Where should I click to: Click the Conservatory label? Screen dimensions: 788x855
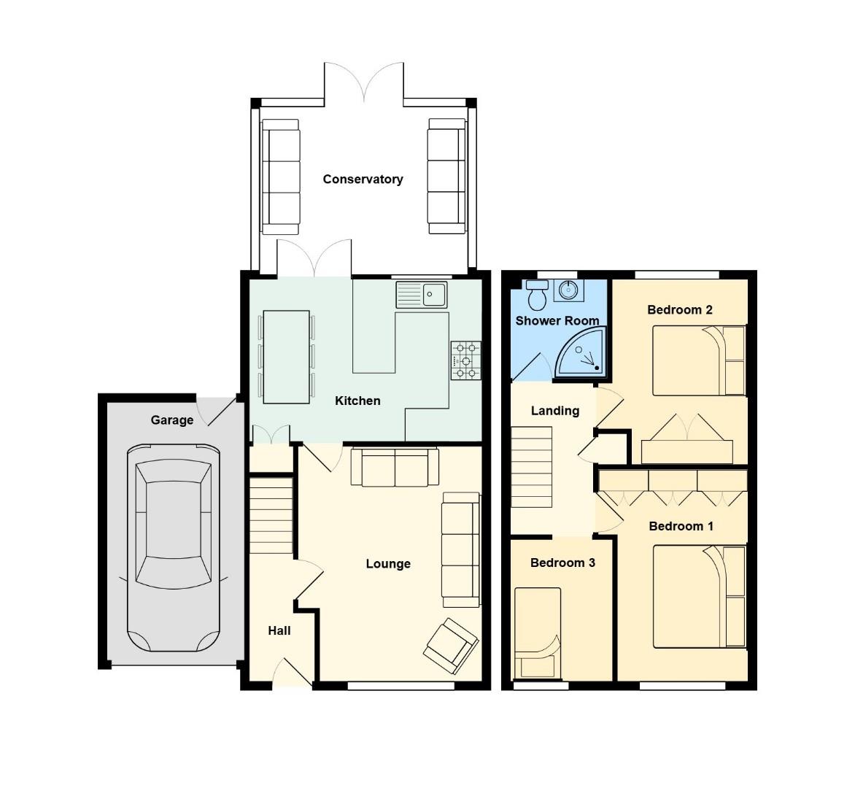point(363,179)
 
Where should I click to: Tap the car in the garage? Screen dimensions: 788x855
point(173,547)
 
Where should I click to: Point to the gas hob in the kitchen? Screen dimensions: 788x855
point(466,360)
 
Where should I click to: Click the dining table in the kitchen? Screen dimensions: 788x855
point(286,357)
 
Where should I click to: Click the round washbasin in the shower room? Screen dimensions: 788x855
point(567,290)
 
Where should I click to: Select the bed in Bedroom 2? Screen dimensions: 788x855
point(699,360)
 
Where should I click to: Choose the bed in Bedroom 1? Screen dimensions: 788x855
point(699,597)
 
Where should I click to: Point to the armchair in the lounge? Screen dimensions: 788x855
point(452,645)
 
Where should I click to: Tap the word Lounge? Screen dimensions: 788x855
point(388,563)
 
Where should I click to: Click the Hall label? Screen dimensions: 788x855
point(279,630)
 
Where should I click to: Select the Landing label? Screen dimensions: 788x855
point(555,411)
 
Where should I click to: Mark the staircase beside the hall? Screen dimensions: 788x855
point(271,515)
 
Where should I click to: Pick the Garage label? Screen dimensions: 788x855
point(172,420)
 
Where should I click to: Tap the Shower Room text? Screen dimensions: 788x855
point(557,320)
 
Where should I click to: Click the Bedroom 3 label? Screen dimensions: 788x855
point(562,563)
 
